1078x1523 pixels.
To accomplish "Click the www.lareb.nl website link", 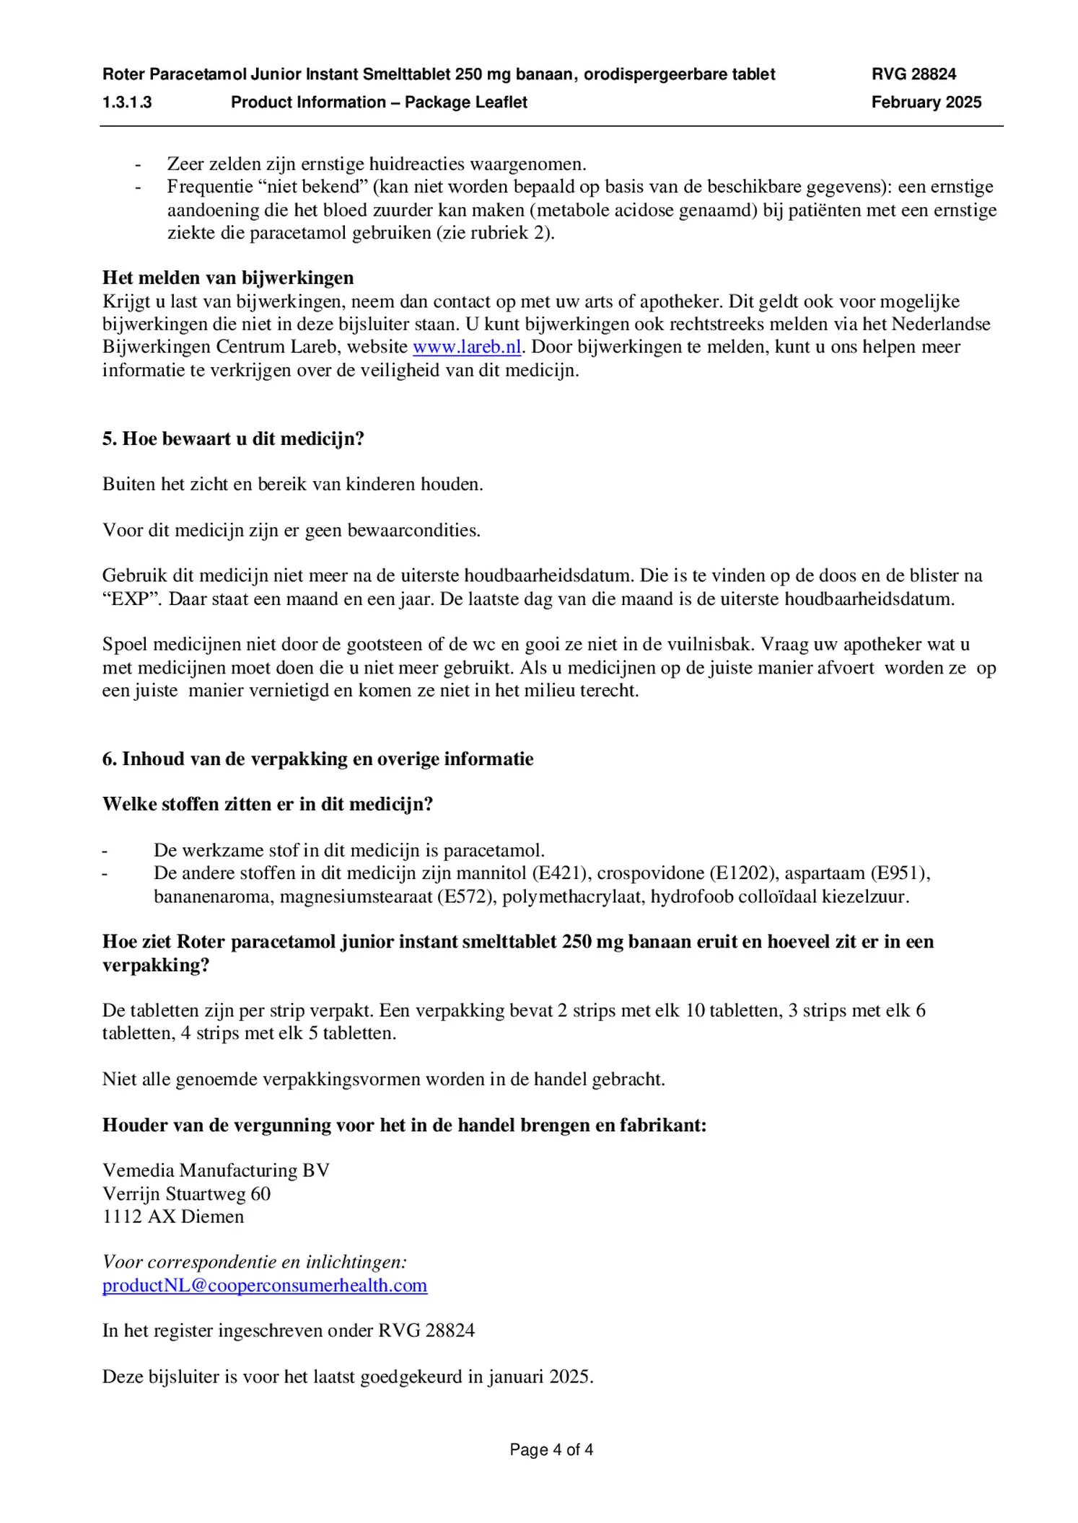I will click(x=466, y=347).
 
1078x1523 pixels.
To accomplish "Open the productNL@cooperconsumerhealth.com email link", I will click(x=265, y=1285).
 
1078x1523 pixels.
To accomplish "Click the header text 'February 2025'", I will click(x=926, y=102).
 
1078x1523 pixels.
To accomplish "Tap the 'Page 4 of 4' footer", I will click(x=551, y=1449).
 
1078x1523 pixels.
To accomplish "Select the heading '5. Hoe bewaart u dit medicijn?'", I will click(x=233, y=438).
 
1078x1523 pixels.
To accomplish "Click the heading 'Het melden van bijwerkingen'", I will click(x=228, y=278).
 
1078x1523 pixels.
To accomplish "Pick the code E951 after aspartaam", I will click(x=897, y=873).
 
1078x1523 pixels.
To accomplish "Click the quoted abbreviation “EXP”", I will click(x=131, y=599).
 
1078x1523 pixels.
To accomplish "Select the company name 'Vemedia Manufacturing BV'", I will click(x=216, y=1170).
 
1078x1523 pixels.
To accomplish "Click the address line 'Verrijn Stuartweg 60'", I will click(x=186, y=1193).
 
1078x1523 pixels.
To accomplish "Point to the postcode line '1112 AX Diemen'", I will click(x=173, y=1217).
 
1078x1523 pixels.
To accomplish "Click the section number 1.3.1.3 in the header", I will click(x=127, y=102).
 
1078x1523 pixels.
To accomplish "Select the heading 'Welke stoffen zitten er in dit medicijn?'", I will click(x=268, y=804).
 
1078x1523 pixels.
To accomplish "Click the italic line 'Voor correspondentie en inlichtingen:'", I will click(x=255, y=1262).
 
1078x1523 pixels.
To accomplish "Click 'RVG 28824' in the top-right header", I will click(x=913, y=74).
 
